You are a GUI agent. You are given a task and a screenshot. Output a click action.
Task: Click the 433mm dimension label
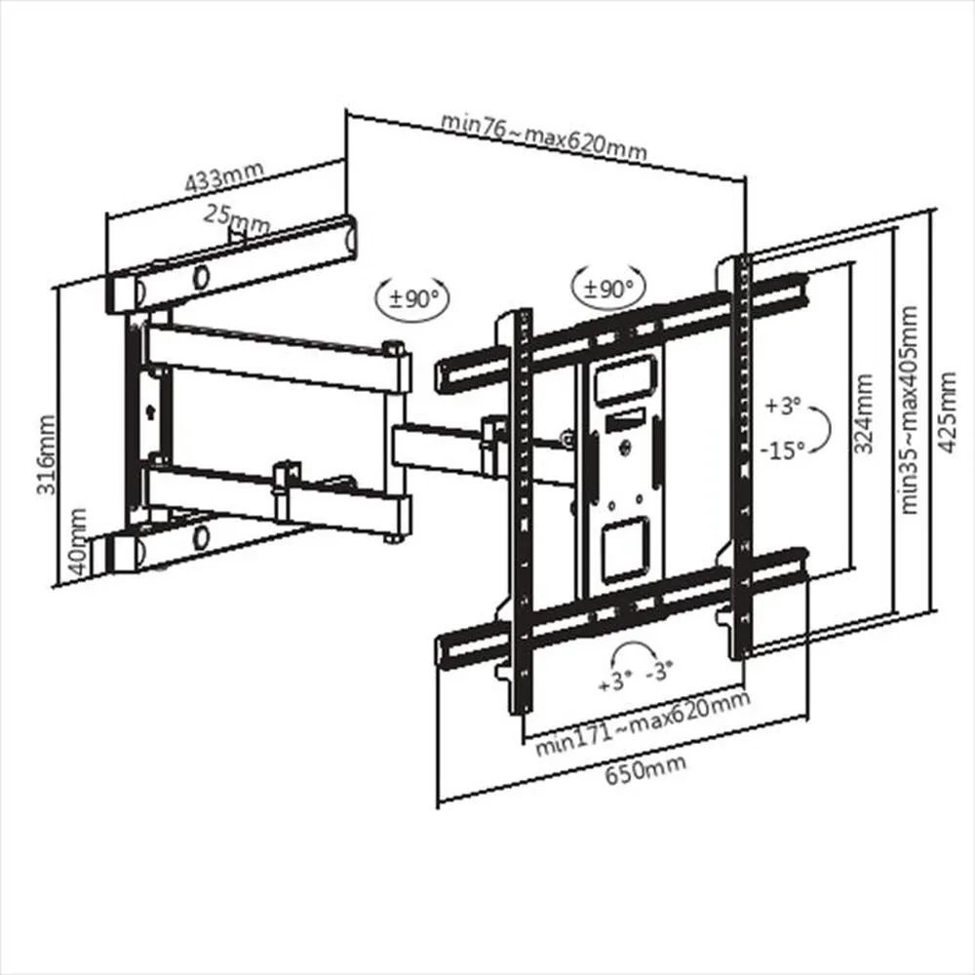[x=224, y=177]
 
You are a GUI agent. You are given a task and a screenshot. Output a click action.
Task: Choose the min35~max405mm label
[x=911, y=409]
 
